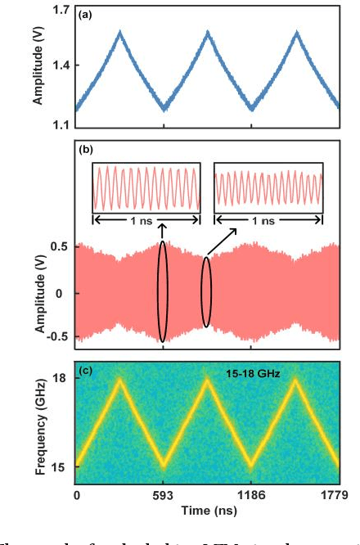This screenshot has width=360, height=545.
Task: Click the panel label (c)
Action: coord(85,369)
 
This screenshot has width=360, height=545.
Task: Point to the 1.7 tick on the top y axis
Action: coord(61,11)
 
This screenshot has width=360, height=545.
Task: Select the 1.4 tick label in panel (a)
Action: coord(61,65)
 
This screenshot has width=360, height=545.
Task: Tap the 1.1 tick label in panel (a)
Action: coord(61,124)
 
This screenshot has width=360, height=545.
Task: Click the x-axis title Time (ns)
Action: coord(206,510)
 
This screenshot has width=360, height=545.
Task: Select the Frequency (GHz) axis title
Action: coord(38,421)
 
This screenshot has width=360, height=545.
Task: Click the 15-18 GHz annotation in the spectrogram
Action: coord(254,374)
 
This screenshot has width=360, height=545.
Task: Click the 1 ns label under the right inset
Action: coord(266,220)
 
